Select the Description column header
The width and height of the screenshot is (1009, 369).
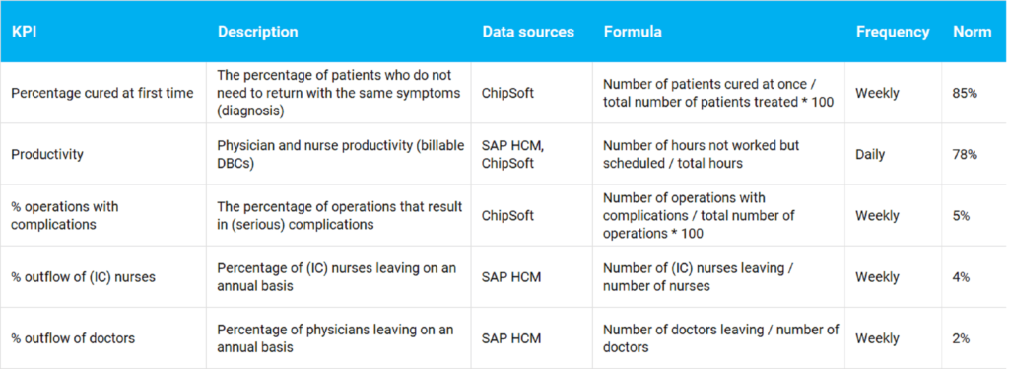tap(257, 32)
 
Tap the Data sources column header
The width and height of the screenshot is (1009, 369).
tap(527, 32)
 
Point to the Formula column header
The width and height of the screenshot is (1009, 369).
tap(633, 32)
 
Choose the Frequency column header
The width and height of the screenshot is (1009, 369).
tap(892, 32)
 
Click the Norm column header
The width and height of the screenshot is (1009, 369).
tap(972, 32)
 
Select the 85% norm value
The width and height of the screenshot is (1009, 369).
tap(965, 93)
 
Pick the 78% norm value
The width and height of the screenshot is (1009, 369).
tap(965, 154)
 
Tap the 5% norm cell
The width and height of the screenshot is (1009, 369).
tap(961, 215)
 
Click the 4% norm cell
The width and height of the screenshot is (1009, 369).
tap(961, 277)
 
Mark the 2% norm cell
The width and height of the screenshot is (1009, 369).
tap(961, 338)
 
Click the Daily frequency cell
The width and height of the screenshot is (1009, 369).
tap(870, 154)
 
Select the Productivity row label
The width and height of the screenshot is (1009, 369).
tap(46, 154)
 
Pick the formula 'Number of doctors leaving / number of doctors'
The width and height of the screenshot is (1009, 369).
tap(720, 338)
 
